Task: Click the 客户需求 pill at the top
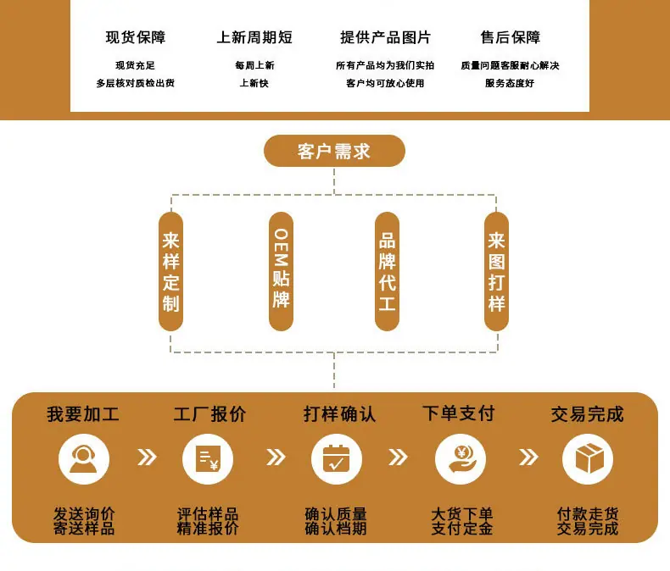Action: coord(334,151)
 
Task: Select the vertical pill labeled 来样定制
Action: coord(171,271)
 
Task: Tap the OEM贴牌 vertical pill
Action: coord(281,271)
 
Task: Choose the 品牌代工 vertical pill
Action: coord(387,271)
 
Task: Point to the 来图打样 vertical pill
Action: coord(496,271)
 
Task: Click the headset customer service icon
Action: coord(84,459)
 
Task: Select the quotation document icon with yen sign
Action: coord(208,459)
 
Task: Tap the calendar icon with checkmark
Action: coord(337,459)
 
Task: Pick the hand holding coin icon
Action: coord(461,459)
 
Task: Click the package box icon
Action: coord(588,459)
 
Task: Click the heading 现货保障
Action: coord(136,37)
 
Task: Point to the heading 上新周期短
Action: coord(254,37)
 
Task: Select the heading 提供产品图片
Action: coord(385,37)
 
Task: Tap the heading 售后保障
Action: coord(511,37)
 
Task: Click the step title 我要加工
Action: coord(83,414)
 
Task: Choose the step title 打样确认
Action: coord(340,414)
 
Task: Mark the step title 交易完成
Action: coord(587,414)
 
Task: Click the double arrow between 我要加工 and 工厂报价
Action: coord(147,457)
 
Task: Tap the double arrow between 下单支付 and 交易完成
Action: coord(528,457)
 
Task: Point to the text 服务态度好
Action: coord(510,83)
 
